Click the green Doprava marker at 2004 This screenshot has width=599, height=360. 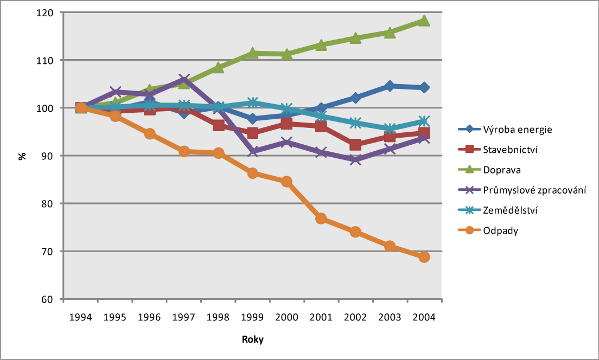[x=424, y=21]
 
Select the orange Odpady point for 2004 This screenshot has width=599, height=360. [x=424, y=256]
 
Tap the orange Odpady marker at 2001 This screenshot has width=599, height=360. [x=321, y=218]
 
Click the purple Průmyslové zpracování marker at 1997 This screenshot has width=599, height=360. [x=184, y=80]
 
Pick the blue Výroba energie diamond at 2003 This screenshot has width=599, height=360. [x=390, y=86]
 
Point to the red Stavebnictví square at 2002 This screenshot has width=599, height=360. [x=355, y=145]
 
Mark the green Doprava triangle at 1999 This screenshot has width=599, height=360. [x=252, y=53]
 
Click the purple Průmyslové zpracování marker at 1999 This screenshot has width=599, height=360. [x=252, y=151]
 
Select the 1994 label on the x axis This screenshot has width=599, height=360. [x=81, y=317]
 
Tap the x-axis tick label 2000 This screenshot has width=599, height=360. [x=286, y=317]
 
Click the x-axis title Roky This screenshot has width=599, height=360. [x=252, y=340]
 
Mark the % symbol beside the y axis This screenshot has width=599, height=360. [x=22, y=156]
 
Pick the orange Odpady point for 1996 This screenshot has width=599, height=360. [x=150, y=134]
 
